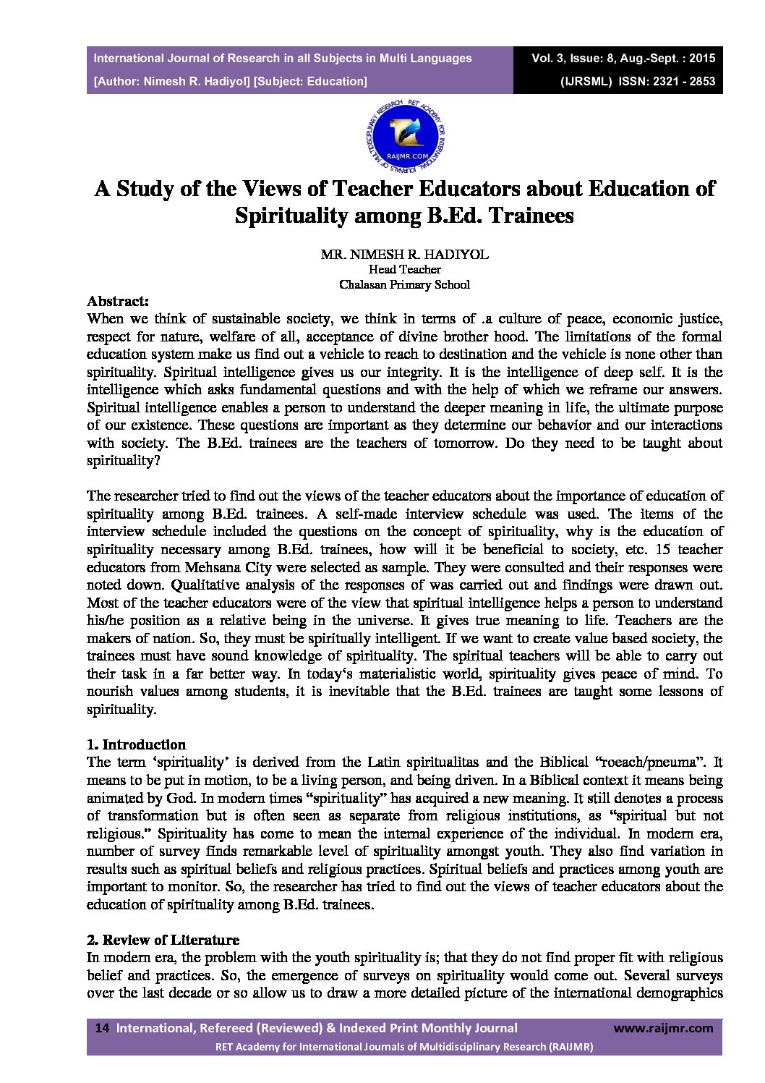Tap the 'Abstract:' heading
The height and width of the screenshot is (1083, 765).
coord(118,301)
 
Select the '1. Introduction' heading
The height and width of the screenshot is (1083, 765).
coord(137,744)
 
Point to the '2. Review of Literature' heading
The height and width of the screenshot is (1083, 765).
coord(163,940)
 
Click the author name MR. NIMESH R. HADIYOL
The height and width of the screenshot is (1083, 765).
coord(405,255)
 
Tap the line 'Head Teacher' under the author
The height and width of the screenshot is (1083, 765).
coord(405,269)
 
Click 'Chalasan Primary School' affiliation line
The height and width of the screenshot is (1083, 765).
coord(405,284)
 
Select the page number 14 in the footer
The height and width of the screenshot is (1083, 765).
coord(102,1028)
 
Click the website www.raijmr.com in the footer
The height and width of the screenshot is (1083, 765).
coord(663,1028)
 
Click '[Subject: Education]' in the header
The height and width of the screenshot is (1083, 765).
coord(311,81)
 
